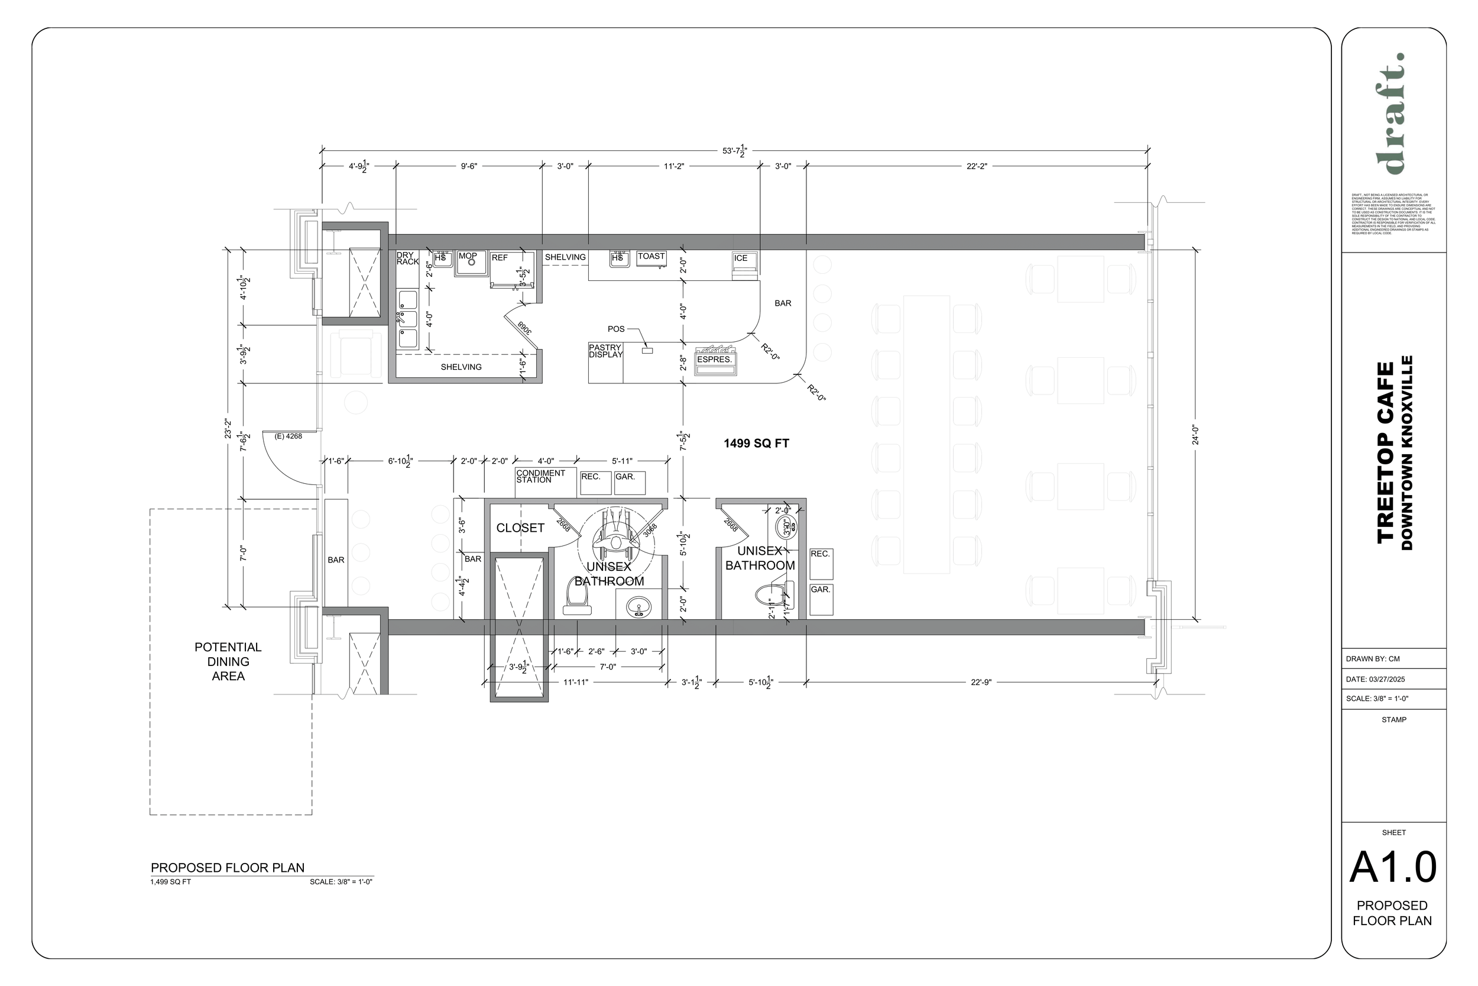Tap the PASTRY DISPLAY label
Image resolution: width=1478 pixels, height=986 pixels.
605,351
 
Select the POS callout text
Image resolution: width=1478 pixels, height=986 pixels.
616,329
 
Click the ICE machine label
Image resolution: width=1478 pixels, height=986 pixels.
740,258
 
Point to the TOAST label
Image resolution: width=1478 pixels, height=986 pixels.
651,256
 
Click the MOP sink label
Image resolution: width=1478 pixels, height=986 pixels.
468,256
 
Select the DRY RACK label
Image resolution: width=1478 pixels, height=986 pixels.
407,258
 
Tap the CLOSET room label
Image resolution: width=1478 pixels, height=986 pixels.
520,528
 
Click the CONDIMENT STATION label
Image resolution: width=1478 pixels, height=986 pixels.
540,477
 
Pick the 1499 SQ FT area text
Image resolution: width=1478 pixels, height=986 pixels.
756,444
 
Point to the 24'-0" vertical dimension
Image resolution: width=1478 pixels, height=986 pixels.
1195,435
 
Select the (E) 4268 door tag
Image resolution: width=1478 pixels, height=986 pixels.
289,437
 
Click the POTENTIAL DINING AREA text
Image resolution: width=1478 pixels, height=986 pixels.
228,661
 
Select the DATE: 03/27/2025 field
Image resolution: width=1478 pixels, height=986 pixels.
1376,679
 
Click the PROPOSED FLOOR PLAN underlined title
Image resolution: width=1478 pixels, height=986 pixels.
228,868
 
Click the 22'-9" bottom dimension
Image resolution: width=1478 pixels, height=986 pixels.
980,683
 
